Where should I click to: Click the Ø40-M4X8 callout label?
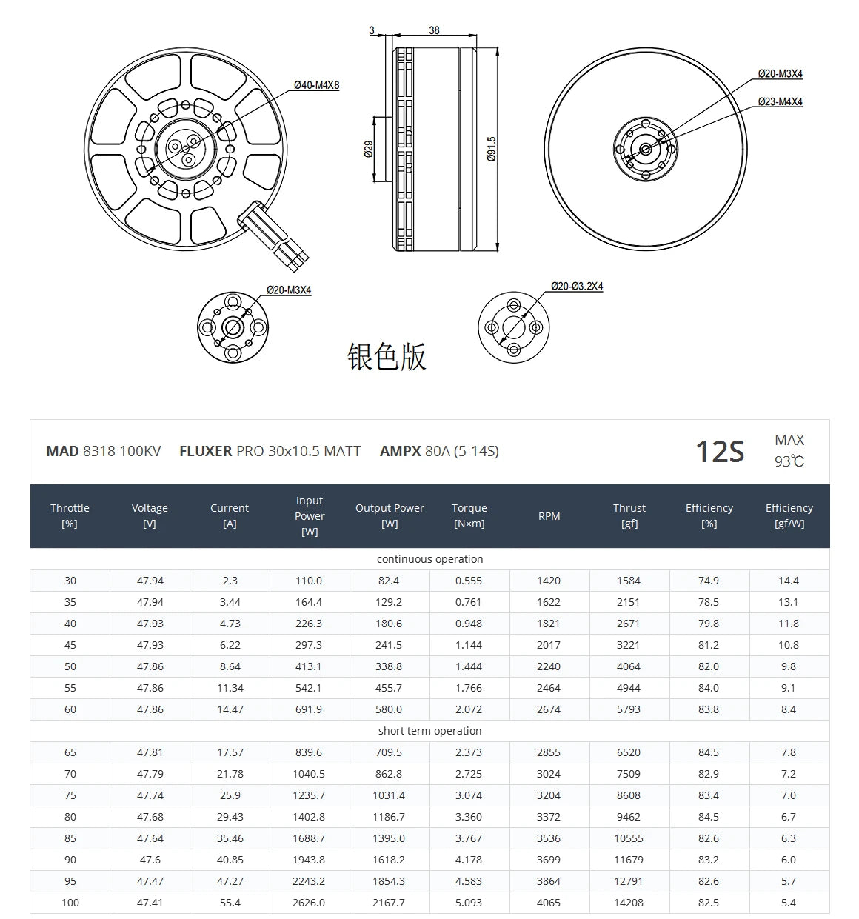pyautogui.click(x=316, y=85)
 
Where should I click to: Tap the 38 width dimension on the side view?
pyautogui.click(x=434, y=30)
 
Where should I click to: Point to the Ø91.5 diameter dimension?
pyautogui.click(x=492, y=149)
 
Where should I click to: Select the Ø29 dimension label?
pyautogui.click(x=368, y=149)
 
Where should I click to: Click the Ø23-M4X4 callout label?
pyautogui.click(x=780, y=101)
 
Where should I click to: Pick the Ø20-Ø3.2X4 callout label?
pyautogui.click(x=577, y=286)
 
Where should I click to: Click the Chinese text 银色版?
pyautogui.click(x=387, y=356)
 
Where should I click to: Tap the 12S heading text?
pyautogui.click(x=719, y=451)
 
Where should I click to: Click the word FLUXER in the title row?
pyautogui.click(x=205, y=451)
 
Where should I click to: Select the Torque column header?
pyautogui.click(x=469, y=515)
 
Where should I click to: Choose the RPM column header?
pyautogui.click(x=549, y=516)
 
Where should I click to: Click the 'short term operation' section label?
pyautogui.click(x=429, y=731)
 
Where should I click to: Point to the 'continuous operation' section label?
pyautogui.click(x=429, y=559)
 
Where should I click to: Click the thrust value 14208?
pyautogui.click(x=628, y=903)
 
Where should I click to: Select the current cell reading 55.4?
pyautogui.click(x=230, y=903)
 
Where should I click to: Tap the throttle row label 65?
pyautogui.click(x=70, y=752)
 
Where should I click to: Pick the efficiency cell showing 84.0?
pyautogui.click(x=708, y=688)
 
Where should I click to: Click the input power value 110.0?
pyautogui.click(x=309, y=581)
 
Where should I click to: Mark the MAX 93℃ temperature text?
pyautogui.click(x=789, y=450)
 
